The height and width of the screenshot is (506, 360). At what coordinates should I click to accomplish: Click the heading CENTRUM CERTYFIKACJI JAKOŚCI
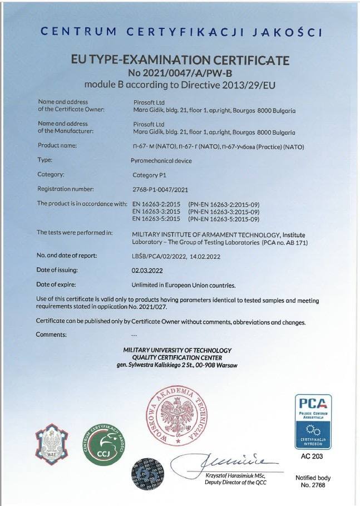[x=181, y=32]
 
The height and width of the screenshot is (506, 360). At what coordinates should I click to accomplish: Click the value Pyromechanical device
[x=161, y=160]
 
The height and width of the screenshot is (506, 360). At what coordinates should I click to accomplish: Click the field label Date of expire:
[x=57, y=284]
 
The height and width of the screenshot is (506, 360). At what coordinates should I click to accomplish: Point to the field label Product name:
[x=57, y=145]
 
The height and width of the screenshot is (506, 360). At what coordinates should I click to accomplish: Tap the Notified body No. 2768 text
[x=313, y=482]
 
